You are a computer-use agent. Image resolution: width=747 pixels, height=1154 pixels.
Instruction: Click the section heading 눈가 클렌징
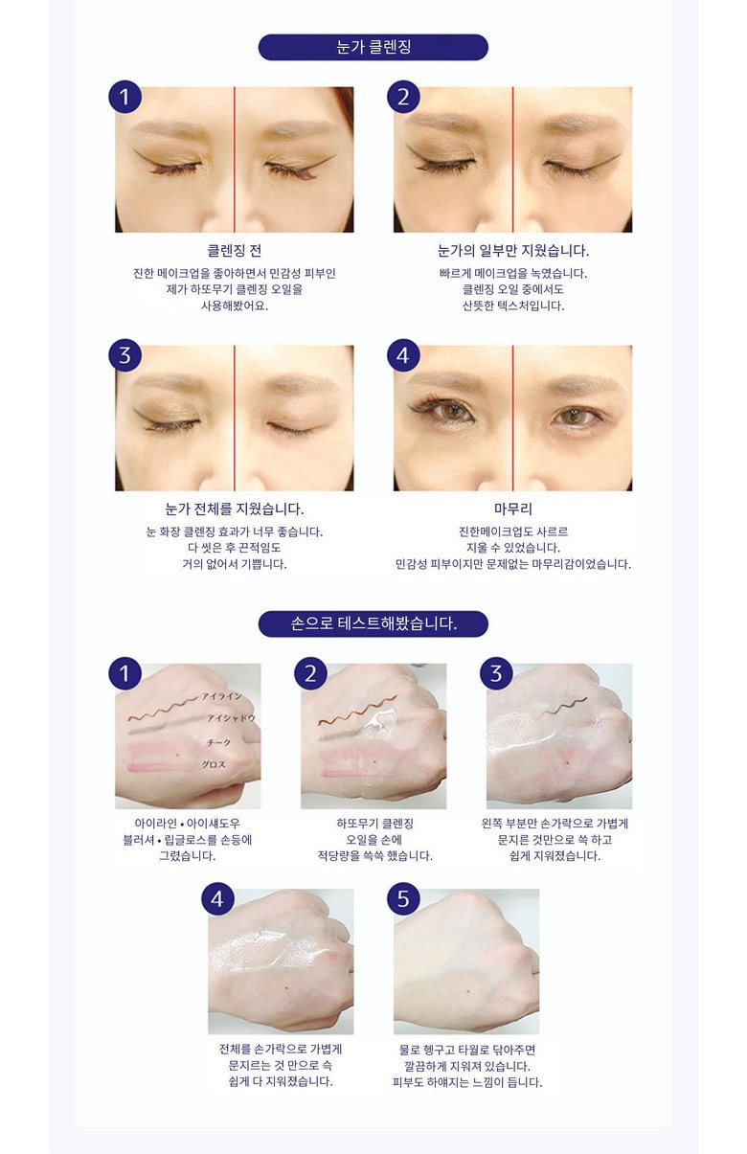tap(373, 47)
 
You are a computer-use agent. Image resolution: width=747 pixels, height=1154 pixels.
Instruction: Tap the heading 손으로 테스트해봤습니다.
tap(373, 623)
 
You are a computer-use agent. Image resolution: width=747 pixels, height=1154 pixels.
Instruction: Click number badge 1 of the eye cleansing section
tap(124, 97)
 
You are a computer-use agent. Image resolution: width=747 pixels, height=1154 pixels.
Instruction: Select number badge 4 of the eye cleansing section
tap(403, 355)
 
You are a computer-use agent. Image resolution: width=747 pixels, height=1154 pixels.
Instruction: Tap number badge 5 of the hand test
tap(403, 899)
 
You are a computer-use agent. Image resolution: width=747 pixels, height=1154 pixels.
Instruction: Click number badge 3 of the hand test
tap(496, 673)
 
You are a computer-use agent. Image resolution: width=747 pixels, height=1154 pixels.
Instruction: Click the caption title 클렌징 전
tap(234, 251)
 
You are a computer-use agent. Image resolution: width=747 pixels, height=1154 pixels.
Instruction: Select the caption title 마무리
tap(512, 509)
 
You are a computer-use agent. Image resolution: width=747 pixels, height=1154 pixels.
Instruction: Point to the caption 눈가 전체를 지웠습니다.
tap(234, 509)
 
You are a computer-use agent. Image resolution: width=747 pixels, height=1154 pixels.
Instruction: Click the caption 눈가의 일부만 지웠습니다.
tap(512, 251)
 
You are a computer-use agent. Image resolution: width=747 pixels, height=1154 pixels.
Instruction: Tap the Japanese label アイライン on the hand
tap(221, 696)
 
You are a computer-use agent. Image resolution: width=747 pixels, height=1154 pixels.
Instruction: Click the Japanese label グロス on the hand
tap(214, 764)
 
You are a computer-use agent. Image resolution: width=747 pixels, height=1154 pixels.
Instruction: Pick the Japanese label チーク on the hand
tap(218, 742)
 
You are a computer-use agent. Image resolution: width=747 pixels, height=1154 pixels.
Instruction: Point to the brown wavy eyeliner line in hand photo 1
tap(163, 708)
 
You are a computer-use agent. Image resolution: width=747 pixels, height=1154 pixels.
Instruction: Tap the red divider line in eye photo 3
tap(235, 418)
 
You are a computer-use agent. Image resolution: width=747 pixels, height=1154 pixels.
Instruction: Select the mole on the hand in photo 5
tap(467, 990)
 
